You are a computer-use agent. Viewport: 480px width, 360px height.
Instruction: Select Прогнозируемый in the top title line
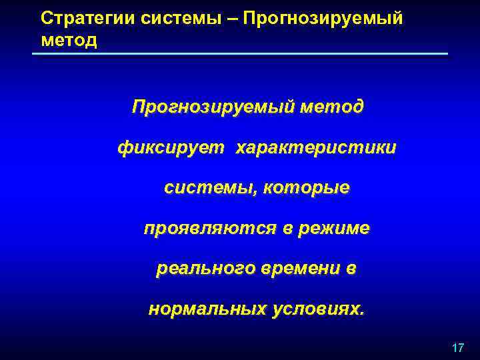[x=323, y=18]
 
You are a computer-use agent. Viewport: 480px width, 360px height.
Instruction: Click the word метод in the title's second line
[x=69, y=40]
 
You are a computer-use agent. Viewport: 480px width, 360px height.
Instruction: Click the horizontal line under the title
[x=240, y=53]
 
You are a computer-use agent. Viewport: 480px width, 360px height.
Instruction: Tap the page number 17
[x=457, y=348]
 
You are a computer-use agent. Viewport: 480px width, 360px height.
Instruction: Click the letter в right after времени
[x=351, y=269]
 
